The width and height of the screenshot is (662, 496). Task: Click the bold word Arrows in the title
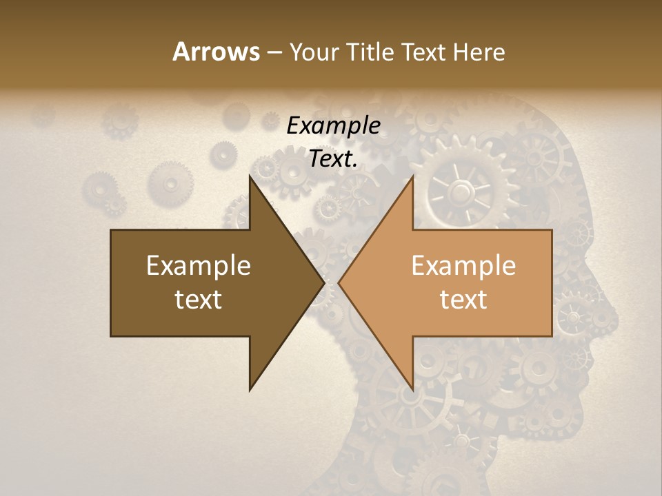215,52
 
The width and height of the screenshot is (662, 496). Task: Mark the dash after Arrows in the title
274,53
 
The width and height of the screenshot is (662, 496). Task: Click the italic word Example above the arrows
333,125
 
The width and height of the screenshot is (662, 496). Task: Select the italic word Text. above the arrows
333,159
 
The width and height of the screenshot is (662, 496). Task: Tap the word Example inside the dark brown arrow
199,266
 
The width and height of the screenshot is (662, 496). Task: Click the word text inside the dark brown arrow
199,299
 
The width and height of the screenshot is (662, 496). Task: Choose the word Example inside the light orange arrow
463,266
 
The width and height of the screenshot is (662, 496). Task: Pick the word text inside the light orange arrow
463,299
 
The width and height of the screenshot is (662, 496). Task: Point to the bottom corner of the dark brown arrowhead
250,389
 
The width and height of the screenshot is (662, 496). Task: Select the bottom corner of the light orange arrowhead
412,389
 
